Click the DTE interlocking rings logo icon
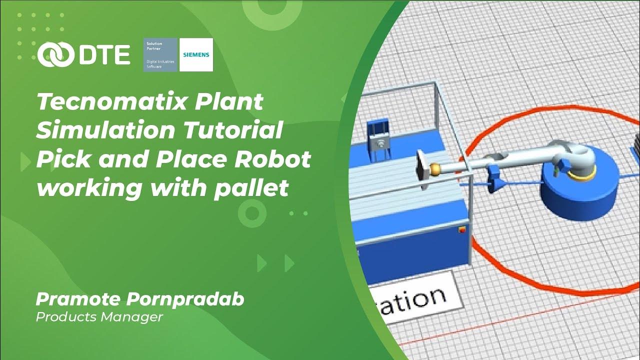pos(54,54)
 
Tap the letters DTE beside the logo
pos(103,54)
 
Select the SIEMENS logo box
pos(196,54)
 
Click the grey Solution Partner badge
pos(160,54)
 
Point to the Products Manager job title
pos(99,316)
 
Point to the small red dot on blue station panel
pos(461,230)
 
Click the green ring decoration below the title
pos(251,214)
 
